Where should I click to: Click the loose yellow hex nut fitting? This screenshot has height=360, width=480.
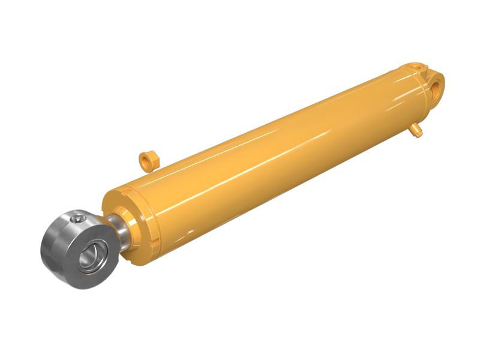(147, 160)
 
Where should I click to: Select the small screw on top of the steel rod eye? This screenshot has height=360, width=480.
(79, 220)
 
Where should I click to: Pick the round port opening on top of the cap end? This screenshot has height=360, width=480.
(416, 64)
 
